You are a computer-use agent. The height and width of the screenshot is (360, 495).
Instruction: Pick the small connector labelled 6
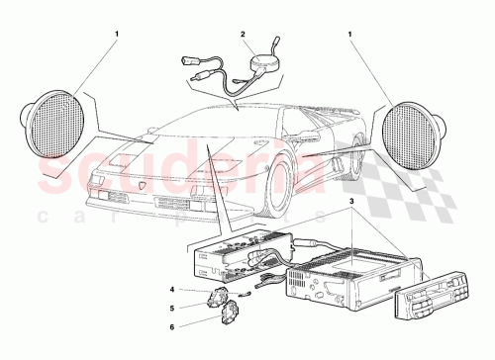click(x=230, y=317)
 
